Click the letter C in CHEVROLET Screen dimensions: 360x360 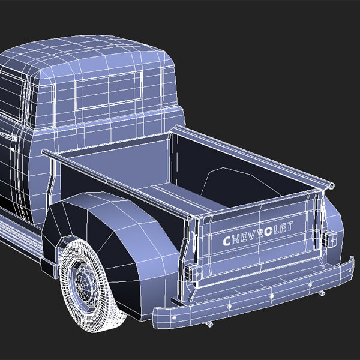coord(227,241)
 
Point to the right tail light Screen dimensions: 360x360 coord(329,238)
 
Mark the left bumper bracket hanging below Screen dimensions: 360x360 coord(209,323)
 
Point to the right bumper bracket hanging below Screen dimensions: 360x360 coord(322,293)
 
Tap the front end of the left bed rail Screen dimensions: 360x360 coord(46,154)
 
